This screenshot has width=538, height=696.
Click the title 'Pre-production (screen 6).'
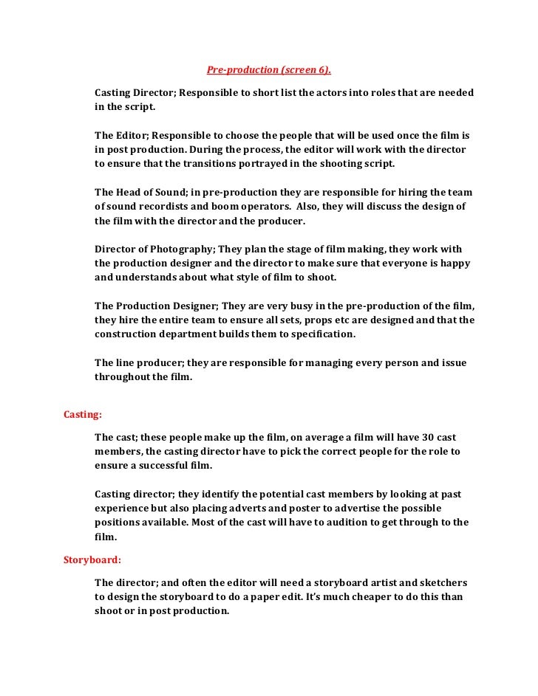point(269,71)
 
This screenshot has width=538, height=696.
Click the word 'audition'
point(345,523)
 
